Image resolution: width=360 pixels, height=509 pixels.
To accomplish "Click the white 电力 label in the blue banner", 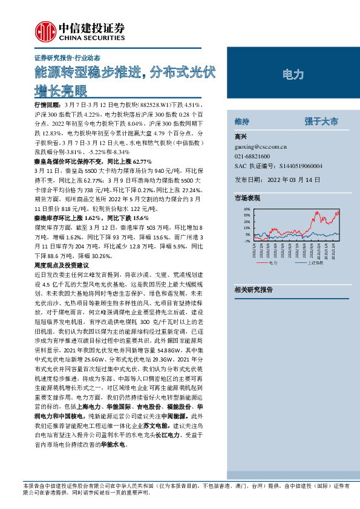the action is (x=293, y=74).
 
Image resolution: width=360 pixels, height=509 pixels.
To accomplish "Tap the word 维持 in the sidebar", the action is (x=241, y=121).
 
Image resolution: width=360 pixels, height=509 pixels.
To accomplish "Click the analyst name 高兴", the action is (x=240, y=137).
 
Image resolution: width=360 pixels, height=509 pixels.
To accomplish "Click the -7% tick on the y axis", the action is (x=247, y=241).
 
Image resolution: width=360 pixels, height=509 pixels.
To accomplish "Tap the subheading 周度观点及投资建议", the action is (x=61, y=265).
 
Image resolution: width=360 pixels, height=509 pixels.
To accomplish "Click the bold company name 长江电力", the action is (x=167, y=434).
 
